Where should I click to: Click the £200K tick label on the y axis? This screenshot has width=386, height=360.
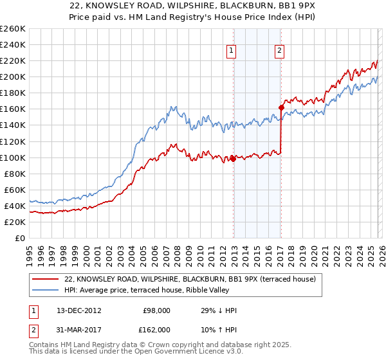tap(13, 77)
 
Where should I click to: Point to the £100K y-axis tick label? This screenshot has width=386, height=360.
tap(13, 157)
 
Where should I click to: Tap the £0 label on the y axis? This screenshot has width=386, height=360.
tap(20, 238)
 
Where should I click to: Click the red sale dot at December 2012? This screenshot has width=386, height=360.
tap(233, 159)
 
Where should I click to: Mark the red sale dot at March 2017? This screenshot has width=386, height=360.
tap(282, 107)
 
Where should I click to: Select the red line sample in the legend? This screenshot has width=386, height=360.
tap(45, 280)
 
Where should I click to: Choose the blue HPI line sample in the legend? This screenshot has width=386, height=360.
tap(45, 291)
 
